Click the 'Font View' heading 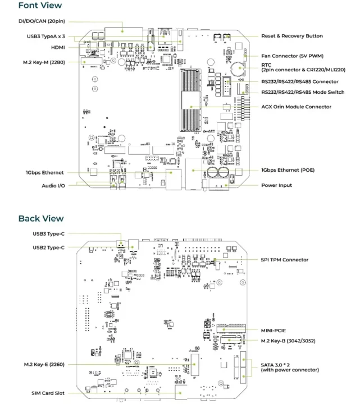[40, 6]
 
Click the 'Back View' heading [41, 218]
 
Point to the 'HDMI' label [57, 48]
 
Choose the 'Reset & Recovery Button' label [291, 36]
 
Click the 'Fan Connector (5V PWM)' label [292, 56]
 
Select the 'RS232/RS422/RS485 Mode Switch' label [303, 92]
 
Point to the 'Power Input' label [276, 185]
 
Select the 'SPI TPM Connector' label [284, 260]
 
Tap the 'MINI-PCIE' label [274, 330]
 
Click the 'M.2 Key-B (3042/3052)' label [290, 341]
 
